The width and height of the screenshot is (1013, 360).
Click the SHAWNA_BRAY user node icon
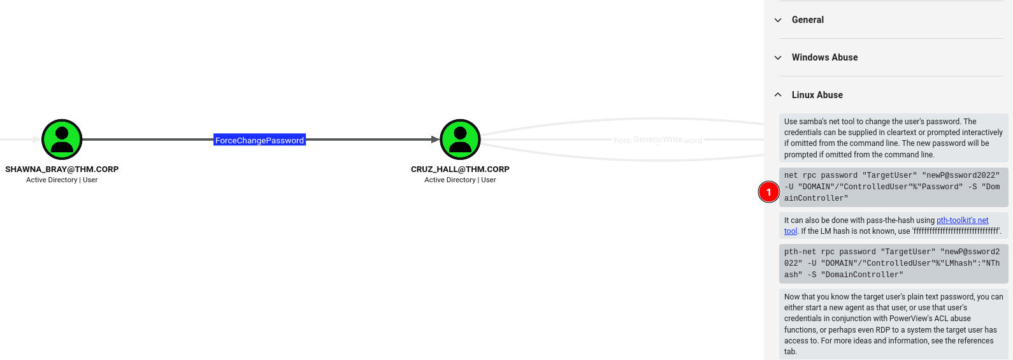62,140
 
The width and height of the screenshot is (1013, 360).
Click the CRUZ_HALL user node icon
461,140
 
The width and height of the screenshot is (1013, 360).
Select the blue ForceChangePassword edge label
259,140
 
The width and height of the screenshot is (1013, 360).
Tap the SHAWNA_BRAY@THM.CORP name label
62,169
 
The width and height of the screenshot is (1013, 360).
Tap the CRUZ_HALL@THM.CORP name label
460,169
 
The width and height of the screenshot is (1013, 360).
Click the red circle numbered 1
768,192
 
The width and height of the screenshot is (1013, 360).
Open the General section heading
808,20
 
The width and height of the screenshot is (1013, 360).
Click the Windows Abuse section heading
824,57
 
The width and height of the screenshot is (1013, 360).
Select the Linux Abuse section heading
817,95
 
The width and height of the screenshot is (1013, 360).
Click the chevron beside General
778,20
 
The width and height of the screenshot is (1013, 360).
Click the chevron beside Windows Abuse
778,57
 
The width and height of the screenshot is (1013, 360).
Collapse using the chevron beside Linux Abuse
778,94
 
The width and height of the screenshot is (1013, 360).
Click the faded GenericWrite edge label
657,140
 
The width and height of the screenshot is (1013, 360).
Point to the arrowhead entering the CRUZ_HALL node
435,140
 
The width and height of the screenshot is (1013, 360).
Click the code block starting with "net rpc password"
894,187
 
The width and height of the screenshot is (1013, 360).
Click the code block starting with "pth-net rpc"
894,263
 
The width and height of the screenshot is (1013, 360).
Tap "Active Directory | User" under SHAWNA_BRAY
62,180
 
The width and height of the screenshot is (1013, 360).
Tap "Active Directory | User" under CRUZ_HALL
460,180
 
